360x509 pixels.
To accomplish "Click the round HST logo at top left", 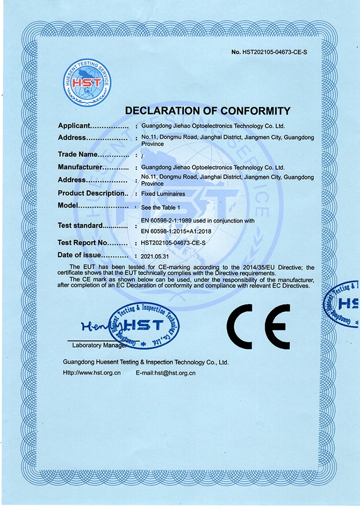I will pos(87,83).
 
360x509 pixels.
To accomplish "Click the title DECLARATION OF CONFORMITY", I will pos(208,111).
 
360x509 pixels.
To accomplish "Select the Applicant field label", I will pos(74,126).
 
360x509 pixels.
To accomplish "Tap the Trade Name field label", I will pos(78,154).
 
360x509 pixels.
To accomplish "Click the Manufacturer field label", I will pos(80,167).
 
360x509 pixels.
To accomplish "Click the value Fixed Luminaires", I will pos(163,194).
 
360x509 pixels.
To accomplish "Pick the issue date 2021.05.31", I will pos(156,256).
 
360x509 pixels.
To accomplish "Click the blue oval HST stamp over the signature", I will pos(144,326).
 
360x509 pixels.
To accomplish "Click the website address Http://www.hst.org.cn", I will pos(91,373).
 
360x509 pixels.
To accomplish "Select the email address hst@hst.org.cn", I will pos(175,373).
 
